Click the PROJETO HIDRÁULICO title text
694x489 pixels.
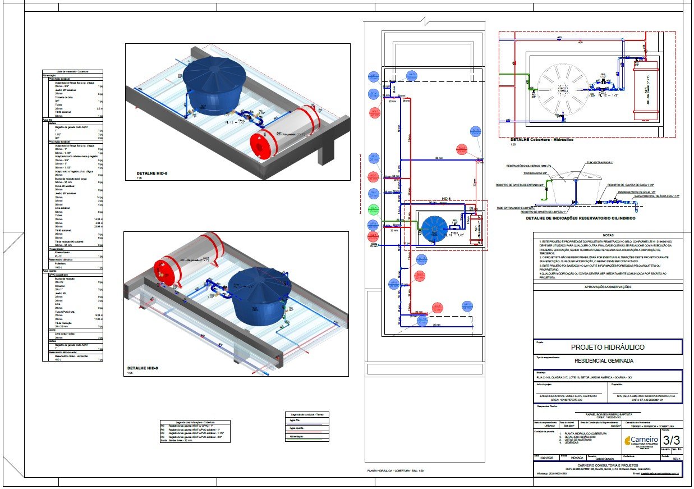click(x=607, y=348)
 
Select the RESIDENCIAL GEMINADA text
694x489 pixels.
click(x=607, y=362)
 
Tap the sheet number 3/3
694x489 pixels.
click(x=672, y=439)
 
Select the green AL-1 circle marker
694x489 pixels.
click(x=373, y=211)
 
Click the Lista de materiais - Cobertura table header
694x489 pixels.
click(x=73, y=72)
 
